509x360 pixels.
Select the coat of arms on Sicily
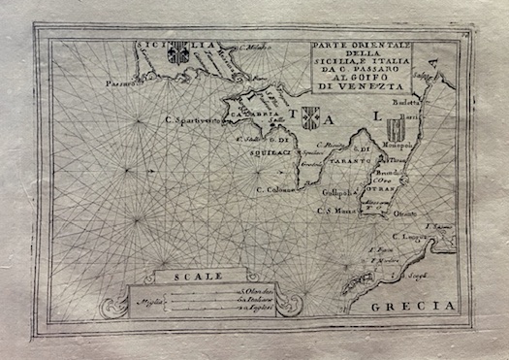(x=178, y=54)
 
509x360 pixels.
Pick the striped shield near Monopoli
(x=394, y=128)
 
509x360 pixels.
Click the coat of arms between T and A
(x=310, y=117)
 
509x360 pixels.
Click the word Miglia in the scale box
(x=152, y=303)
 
